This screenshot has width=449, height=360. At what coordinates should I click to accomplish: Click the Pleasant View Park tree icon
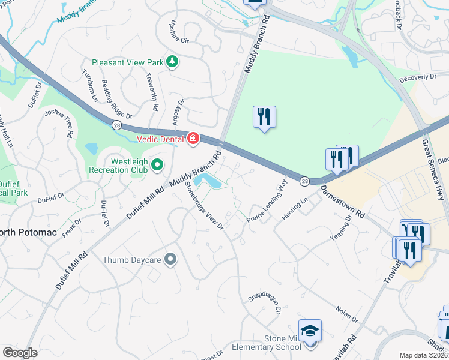[x=173, y=62]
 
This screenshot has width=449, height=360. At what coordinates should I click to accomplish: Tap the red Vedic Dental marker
[x=193, y=139]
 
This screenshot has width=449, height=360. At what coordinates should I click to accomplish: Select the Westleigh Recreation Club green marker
[x=157, y=164]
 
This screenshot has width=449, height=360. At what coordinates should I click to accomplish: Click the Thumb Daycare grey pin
[x=171, y=259]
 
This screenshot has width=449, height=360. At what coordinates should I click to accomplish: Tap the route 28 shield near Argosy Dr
[x=115, y=124]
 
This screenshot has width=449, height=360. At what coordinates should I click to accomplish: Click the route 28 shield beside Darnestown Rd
[x=305, y=181]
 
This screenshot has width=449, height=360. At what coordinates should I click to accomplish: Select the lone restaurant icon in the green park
[x=264, y=116]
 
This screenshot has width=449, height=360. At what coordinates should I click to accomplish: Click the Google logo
[x=20, y=353]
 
